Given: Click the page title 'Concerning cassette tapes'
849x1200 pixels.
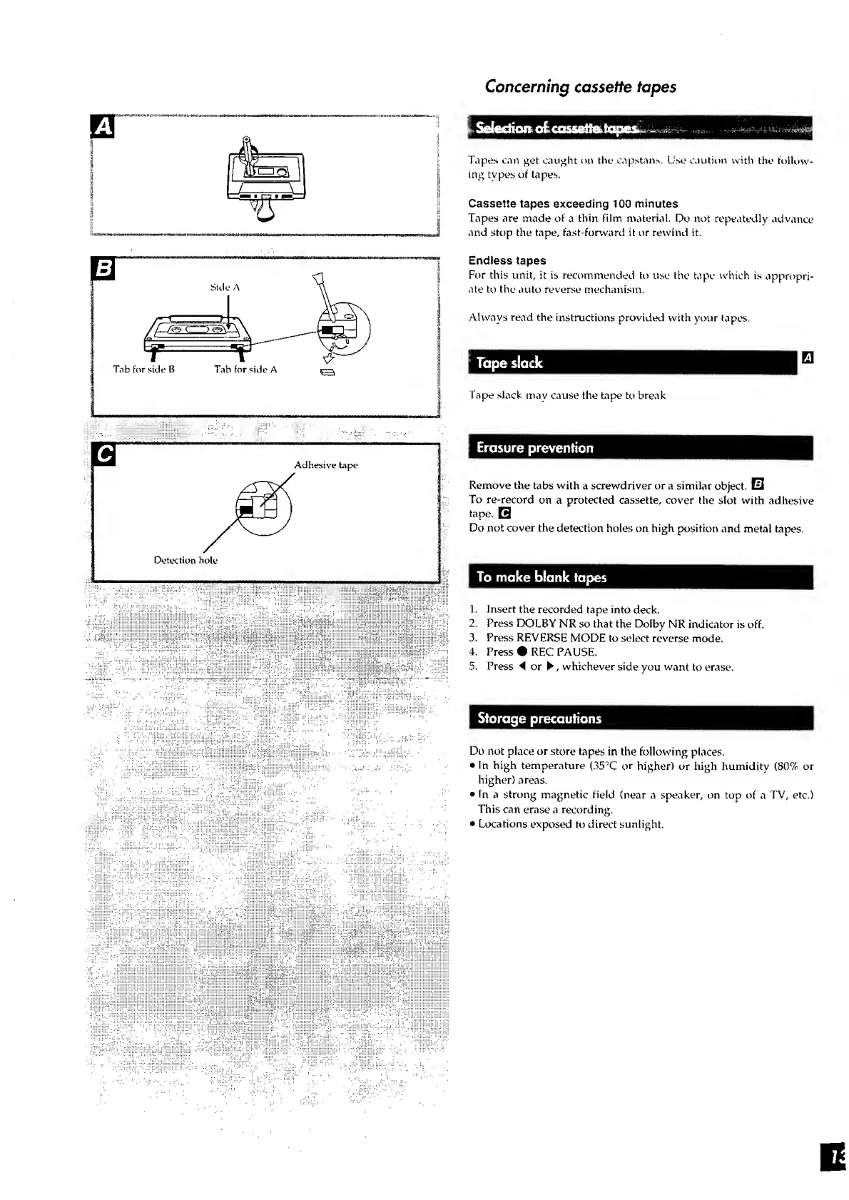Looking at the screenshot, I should (x=580, y=87).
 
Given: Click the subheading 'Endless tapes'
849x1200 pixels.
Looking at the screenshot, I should (x=507, y=261).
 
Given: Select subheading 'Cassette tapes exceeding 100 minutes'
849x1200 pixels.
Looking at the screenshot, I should (x=573, y=204).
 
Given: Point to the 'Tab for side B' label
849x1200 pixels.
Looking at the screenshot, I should (x=144, y=370).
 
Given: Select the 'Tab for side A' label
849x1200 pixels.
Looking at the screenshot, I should (x=245, y=370).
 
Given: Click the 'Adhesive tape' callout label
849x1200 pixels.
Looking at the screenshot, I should (x=326, y=465).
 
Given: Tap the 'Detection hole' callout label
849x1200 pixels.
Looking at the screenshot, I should (x=185, y=560).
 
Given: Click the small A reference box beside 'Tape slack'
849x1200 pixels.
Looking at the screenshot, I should (x=808, y=358).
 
